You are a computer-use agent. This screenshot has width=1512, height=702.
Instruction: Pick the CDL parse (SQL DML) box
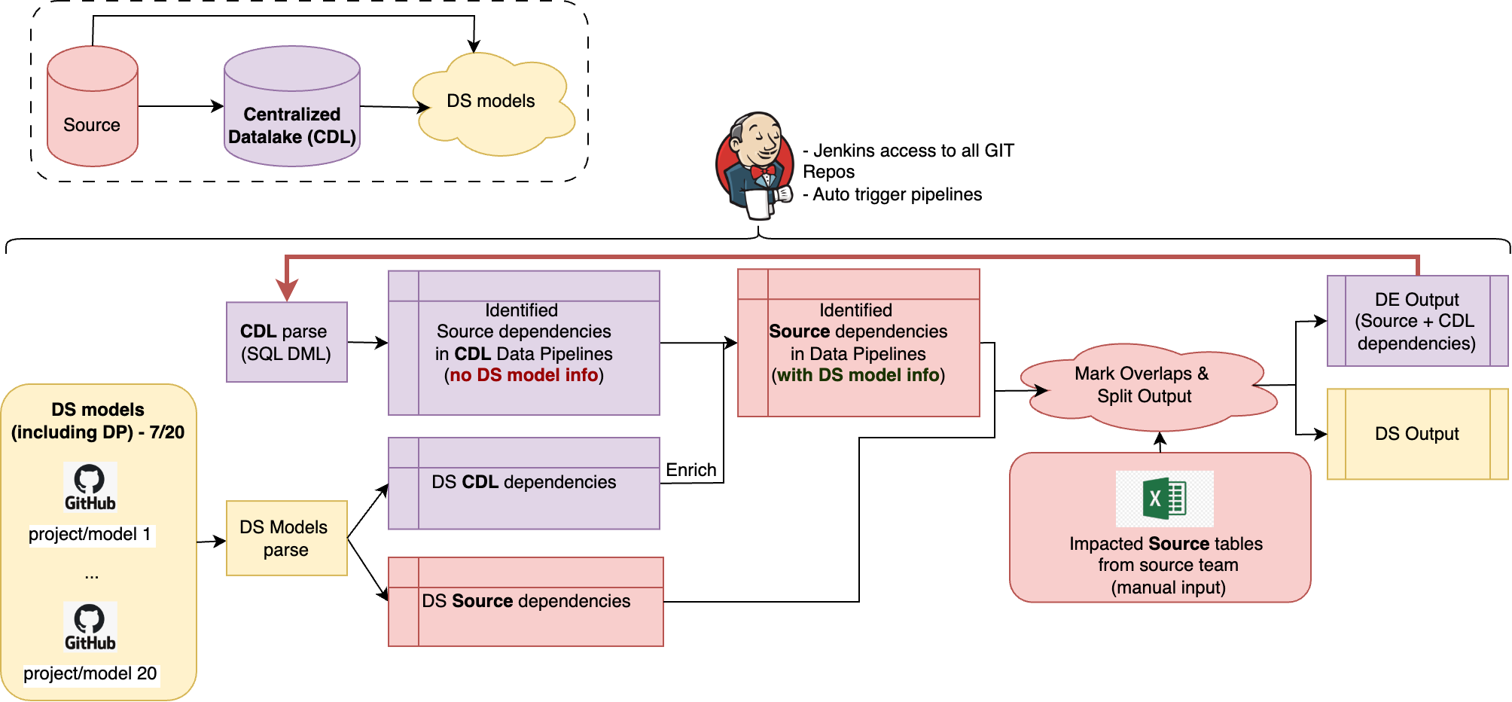[286, 342]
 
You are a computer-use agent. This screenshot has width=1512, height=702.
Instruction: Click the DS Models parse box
[286, 538]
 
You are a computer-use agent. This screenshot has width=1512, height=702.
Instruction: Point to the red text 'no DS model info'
[524, 375]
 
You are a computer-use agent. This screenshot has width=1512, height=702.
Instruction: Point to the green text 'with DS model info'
[858, 375]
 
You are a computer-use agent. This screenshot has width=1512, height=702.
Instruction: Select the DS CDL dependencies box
[524, 484]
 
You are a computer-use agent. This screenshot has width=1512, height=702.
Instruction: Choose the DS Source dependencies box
[526, 602]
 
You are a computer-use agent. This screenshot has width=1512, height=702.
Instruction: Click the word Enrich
[691, 470]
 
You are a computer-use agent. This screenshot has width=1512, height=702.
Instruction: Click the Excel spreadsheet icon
[1164, 499]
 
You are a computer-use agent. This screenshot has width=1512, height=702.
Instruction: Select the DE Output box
[1416, 322]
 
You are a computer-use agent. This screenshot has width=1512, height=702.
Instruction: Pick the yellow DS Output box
[1416, 434]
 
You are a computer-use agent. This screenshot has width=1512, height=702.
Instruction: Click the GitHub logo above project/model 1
[90, 487]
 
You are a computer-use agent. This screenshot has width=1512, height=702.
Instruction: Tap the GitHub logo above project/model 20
[90, 626]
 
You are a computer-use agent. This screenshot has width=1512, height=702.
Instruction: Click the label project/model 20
[90, 673]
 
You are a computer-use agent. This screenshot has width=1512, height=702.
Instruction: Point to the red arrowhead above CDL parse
[287, 289]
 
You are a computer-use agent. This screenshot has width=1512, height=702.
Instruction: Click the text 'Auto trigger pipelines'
[897, 194]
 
